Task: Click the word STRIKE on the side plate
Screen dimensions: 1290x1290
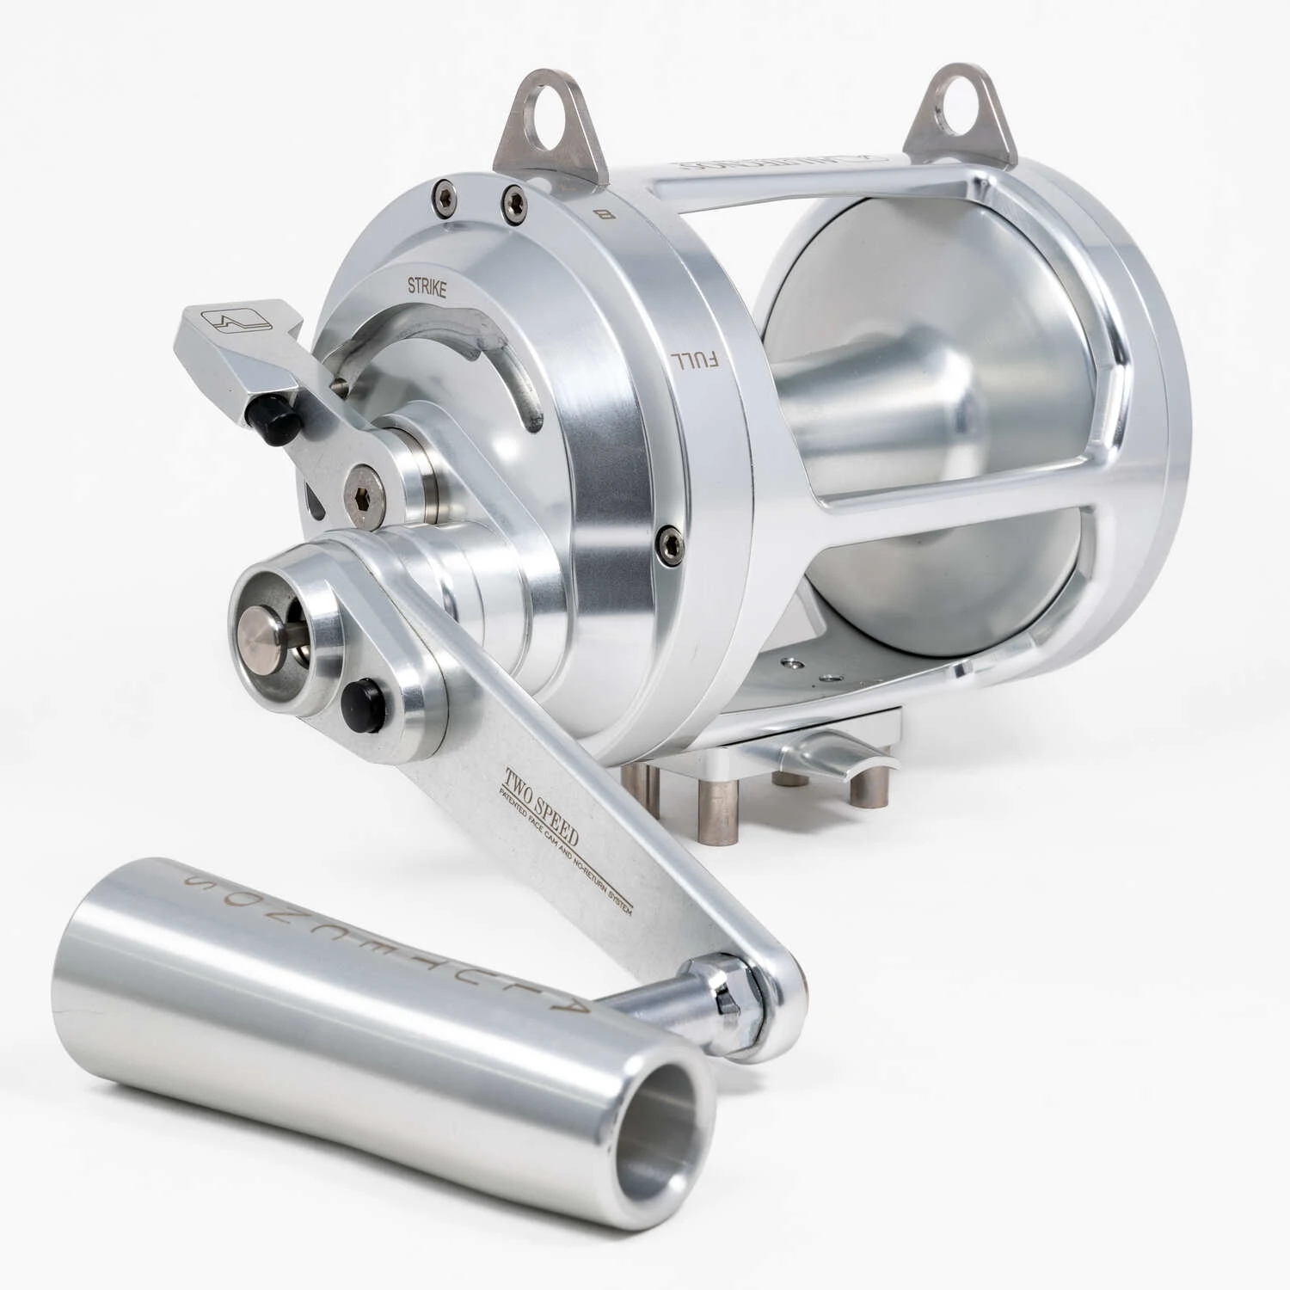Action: [x=427, y=289]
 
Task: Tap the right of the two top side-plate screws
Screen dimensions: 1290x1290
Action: [x=514, y=200]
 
